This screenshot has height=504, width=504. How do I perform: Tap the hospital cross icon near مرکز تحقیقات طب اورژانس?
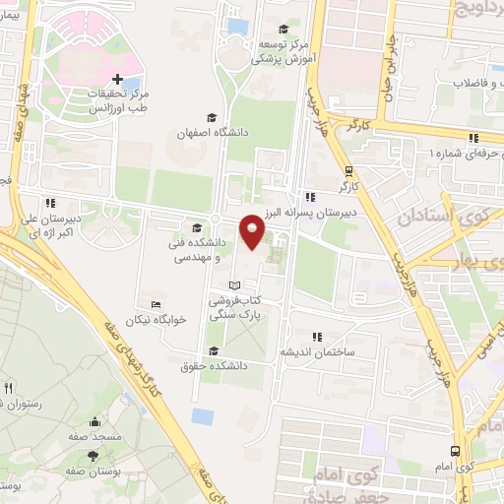pyautogui.click(x=118, y=79)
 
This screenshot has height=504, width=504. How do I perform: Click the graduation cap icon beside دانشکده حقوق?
pyautogui.click(x=213, y=351)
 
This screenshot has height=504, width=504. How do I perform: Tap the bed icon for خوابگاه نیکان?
pyautogui.click(x=156, y=304)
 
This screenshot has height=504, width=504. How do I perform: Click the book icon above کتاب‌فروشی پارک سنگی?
pyautogui.click(x=233, y=286)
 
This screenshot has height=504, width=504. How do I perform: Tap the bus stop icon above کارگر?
pyautogui.click(x=348, y=168)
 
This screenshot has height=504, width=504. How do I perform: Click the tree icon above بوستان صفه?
pyautogui.click(x=92, y=456)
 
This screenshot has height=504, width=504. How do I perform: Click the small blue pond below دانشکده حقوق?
pyautogui.click(x=203, y=415)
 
